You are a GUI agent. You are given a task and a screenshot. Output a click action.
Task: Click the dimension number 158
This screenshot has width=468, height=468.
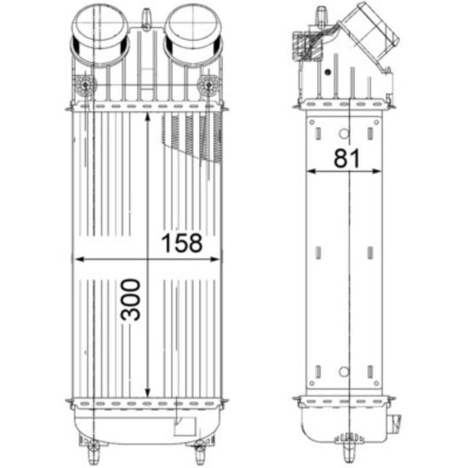click(182, 243)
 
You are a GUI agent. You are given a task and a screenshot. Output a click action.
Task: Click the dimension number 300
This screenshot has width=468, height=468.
click(130, 300)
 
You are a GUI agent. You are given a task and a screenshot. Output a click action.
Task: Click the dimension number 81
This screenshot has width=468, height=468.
click(346, 158)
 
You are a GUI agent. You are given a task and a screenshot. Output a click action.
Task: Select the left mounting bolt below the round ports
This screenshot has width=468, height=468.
click(86, 86)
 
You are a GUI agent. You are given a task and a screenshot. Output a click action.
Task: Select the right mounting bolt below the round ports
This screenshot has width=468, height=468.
click(208, 86)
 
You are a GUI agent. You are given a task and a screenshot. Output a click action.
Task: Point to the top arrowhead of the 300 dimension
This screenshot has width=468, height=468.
click(147, 117)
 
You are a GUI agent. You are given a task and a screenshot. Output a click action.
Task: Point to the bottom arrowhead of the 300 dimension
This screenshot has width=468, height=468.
click(147, 393)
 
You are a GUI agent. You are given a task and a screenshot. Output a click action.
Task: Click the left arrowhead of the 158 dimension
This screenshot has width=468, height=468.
click(78, 260)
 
